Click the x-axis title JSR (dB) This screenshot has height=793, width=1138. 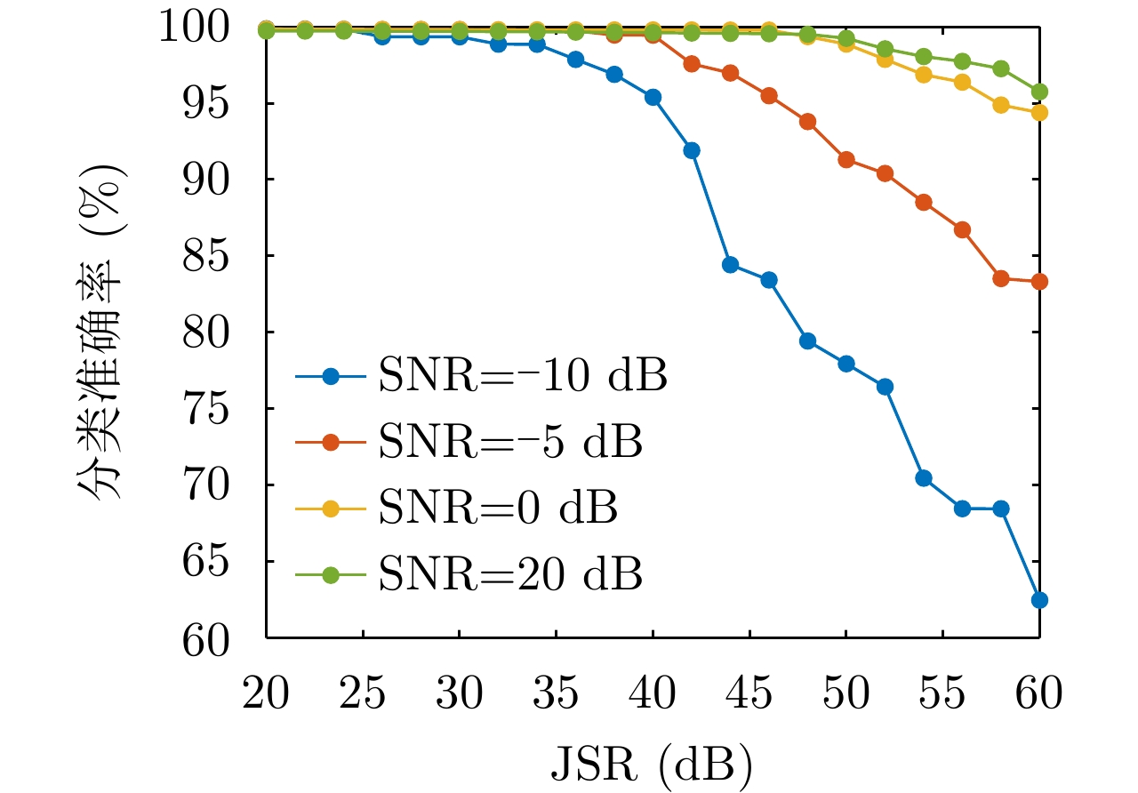pyautogui.click(x=652, y=764)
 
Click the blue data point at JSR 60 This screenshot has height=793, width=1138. pyautogui.click(x=1039, y=600)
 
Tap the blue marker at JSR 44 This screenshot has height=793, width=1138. pyautogui.click(x=731, y=265)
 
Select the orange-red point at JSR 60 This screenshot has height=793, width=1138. pyautogui.click(x=1039, y=282)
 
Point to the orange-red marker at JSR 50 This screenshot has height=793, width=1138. pyautogui.click(x=846, y=160)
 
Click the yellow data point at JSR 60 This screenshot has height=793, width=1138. pyautogui.click(x=1039, y=113)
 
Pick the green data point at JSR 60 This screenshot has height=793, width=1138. pyautogui.click(x=1039, y=92)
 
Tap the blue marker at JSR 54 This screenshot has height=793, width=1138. pyautogui.click(x=924, y=478)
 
